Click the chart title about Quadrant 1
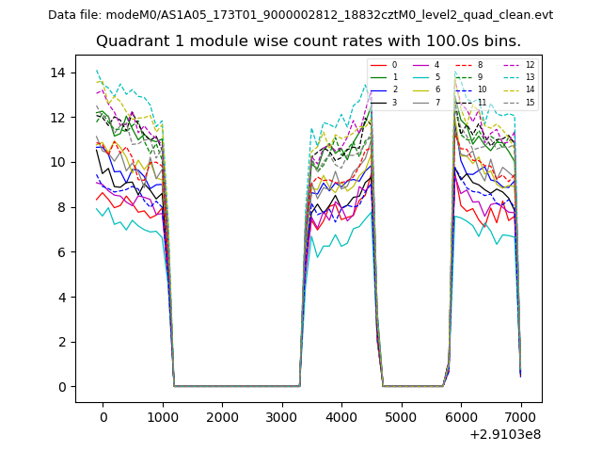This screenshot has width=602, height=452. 309,41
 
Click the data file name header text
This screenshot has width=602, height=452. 301,15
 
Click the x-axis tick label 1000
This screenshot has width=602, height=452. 163,417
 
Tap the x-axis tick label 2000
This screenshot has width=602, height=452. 222,417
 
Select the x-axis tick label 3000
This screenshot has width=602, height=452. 282,417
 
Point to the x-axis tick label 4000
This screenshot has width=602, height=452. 341,417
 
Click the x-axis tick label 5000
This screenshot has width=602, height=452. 402,417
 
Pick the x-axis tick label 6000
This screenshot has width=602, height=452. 461,417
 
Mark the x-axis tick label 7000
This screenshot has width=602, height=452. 520,417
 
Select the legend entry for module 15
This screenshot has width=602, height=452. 530,102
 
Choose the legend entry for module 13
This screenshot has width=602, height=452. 530,77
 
